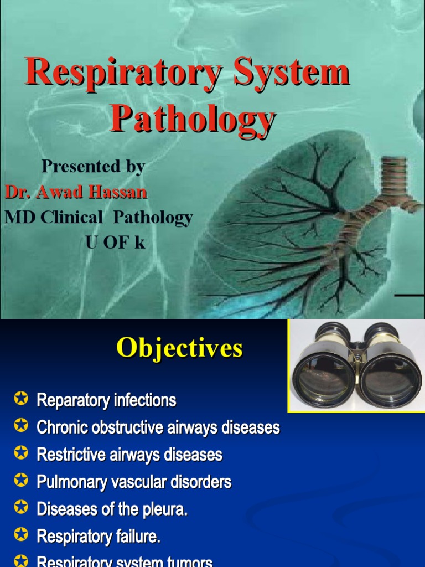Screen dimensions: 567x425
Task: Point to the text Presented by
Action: [93, 166]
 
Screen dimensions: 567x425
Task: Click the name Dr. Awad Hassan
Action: [76, 192]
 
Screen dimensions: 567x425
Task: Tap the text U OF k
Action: [115, 242]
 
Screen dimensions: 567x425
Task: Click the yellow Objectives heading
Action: [179, 349]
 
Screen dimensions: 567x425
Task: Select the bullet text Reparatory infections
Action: [106, 400]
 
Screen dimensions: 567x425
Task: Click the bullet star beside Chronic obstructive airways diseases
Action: [22, 426]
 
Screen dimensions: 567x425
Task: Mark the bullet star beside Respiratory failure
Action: [22, 535]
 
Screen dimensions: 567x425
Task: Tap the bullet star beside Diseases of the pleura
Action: [22, 508]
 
